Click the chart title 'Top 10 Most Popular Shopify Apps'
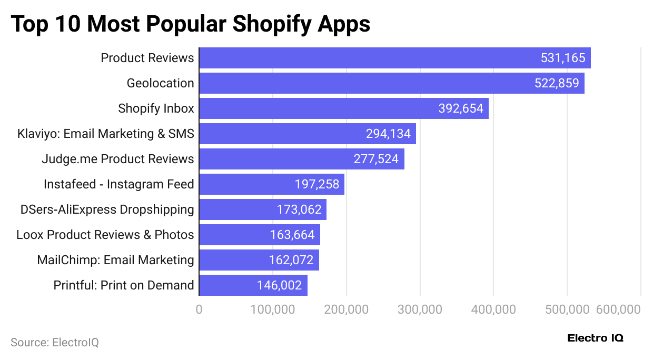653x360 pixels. click(190, 24)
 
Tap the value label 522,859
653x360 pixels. click(557, 83)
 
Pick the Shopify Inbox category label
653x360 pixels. click(156, 108)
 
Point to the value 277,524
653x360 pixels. click(376, 159)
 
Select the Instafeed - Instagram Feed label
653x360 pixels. click(118, 184)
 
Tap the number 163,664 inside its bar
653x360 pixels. click(292, 235)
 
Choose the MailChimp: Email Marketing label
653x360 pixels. click(115, 260)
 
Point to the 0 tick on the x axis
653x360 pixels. click(199, 309)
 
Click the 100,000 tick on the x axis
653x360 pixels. click(273, 309)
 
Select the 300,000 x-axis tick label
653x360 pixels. click(420, 309)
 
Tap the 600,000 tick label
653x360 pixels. click(618, 309)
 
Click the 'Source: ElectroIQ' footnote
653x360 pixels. click(55, 343)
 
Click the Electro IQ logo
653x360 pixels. click(595, 338)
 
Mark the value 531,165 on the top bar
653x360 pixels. click(563, 58)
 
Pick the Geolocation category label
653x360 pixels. click(160, 83)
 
